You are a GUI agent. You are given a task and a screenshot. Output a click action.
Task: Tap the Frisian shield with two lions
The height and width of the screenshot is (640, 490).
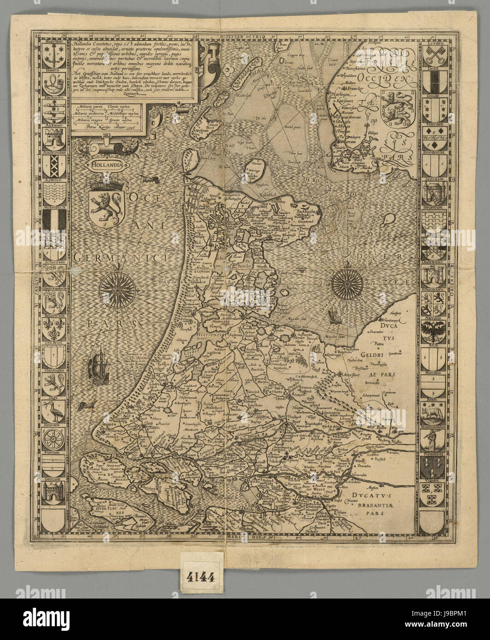[391, 108]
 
